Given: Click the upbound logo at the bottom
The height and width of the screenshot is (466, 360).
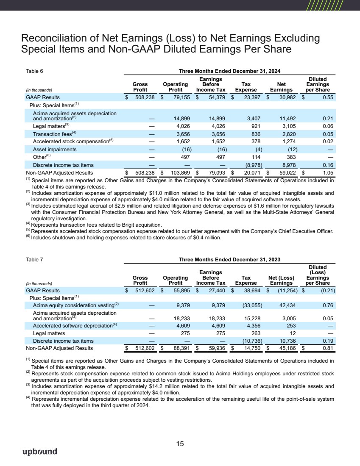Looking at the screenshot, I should (x=39, y=452).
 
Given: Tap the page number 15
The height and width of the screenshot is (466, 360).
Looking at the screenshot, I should (x=180, y=444).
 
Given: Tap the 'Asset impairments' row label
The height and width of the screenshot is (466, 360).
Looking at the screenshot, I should (x=55, y=149).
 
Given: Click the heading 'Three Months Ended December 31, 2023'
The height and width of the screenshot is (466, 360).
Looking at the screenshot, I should (x=229, y=259).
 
